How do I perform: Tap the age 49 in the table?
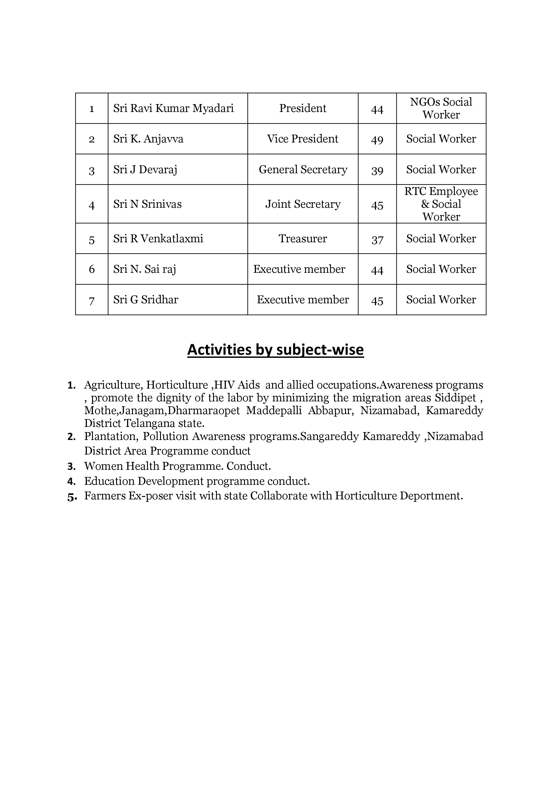tap(377, 140)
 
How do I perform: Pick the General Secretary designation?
tap(303, 170)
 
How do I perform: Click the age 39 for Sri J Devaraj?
tap(377, 170)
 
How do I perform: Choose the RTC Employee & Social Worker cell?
tap(441, 204)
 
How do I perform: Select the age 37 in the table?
tap(377, 239)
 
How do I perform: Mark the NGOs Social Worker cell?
tap(441, 108)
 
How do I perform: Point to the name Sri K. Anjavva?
tap(148, 139)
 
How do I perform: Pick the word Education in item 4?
tap(109, 481)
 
